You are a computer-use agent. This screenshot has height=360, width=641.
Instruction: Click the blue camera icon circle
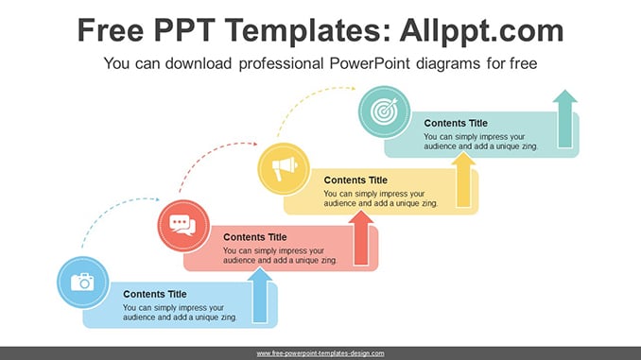point(83,283)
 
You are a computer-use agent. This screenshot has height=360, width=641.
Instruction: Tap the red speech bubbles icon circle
point(183,226)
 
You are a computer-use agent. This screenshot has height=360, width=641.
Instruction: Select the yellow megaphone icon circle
point(284,169)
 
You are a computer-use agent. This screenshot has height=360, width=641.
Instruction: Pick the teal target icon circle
point(384,111)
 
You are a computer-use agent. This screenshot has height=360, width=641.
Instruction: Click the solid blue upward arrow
point(260,295)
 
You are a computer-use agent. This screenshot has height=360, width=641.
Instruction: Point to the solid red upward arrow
point(361,238)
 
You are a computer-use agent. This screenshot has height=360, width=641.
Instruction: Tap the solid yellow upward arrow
point(463,180)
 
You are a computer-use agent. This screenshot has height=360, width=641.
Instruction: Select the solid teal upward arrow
point(565,118)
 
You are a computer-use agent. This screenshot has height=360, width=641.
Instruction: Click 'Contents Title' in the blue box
point(155,294)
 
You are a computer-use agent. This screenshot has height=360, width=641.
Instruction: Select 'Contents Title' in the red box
point(255,237)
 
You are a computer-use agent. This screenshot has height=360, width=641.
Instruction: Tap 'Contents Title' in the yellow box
point(355,180)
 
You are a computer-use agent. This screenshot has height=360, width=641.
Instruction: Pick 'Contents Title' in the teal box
point(456,123)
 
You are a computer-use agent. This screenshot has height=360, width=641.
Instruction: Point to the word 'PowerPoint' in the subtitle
point(370,63)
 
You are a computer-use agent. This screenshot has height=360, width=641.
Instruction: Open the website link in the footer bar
point(320,353)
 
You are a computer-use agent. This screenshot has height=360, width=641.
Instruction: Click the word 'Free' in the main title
point(111,30)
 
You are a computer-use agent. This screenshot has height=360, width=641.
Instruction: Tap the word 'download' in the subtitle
point(199,63)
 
